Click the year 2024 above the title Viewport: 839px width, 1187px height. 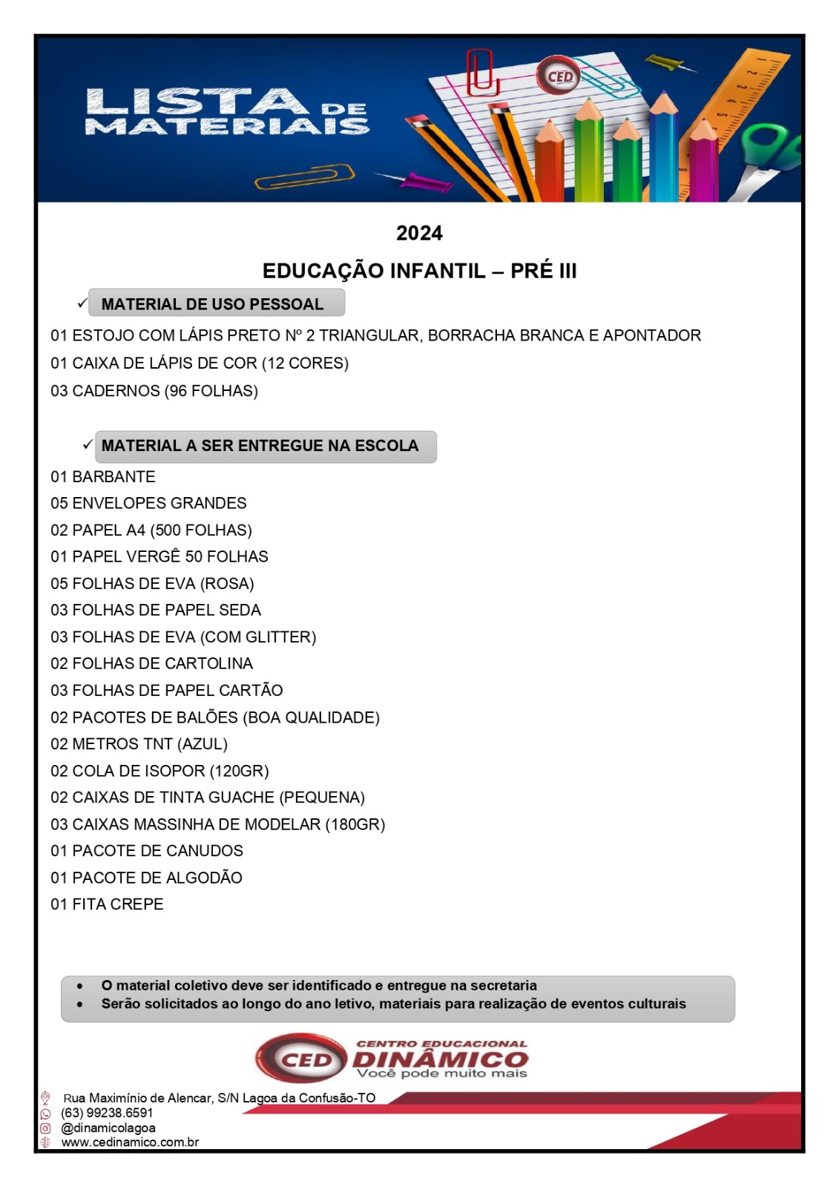tap(419, 233)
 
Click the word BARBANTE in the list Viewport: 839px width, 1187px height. tap(113, 476)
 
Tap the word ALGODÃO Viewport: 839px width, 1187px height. tap(204, 878)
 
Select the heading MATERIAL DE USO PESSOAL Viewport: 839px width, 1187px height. tap(212, 304)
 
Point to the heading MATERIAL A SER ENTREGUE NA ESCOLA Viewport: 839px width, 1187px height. tap(260, 446)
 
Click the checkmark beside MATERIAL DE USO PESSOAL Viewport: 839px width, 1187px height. tap(82, 303)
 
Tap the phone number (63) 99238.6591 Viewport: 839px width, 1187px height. tap(107, 1113)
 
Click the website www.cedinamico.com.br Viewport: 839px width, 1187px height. tap(130, 1142)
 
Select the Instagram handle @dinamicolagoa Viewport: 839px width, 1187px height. tap(108, 1128)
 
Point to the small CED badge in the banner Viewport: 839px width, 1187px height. tap(559, 76)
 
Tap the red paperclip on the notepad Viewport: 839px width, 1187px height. tap(481, 72)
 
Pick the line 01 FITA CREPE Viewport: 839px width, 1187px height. tap(107, 904)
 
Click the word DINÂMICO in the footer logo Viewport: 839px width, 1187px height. tap(441, 1060)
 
